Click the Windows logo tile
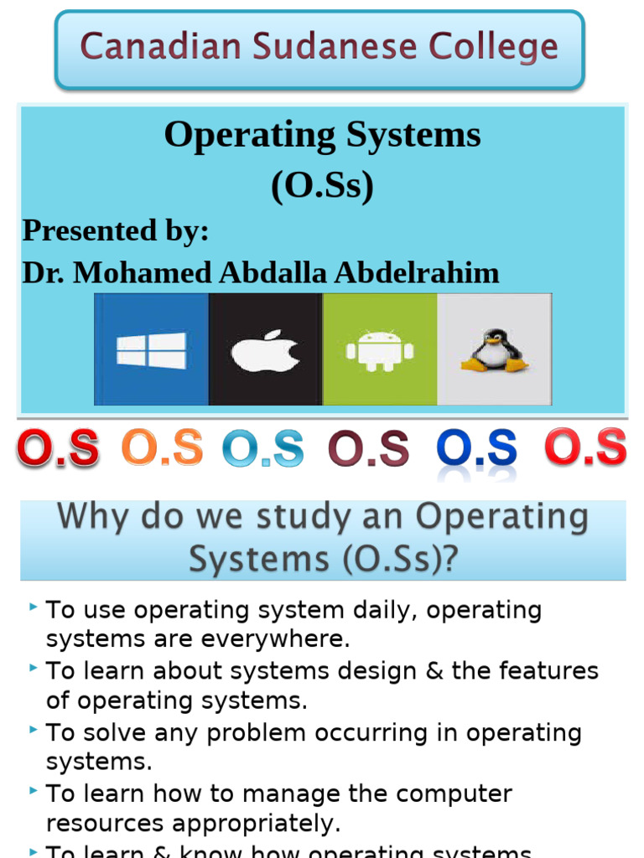[x=152, y=349]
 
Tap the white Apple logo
[x=266, y=350]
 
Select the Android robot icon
[x=380, y=350]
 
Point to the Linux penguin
[x=494, y=350]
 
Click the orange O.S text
[x=162, y=448]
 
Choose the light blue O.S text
[x=263, y=448]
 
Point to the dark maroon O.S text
[x=368, y=448]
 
